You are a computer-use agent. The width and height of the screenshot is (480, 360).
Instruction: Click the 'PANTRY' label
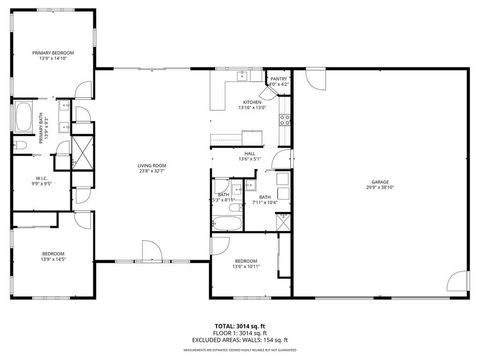click(279, 80)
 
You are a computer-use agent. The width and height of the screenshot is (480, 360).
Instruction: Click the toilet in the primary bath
click(21, 148)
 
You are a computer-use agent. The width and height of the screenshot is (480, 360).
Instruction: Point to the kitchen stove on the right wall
click(284, 123)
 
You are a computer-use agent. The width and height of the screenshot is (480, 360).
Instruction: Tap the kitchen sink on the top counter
click(240, 75)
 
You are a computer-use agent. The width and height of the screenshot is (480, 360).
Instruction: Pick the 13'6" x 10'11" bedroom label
click(245, 263)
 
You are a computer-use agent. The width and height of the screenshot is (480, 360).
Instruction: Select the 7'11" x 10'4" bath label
click(265, 200)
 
